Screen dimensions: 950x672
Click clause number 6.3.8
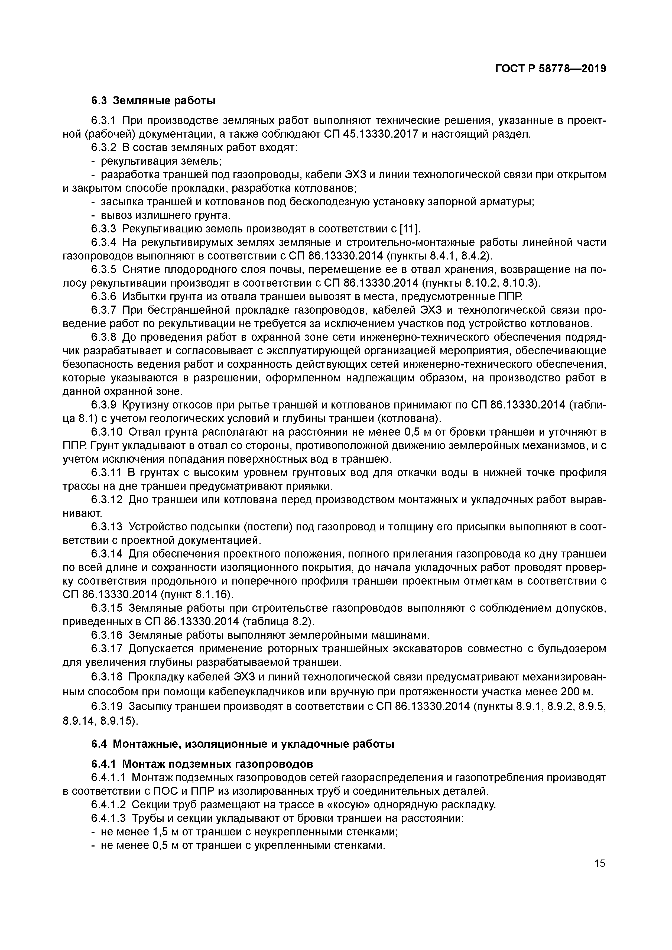click(x=104, y=337)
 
